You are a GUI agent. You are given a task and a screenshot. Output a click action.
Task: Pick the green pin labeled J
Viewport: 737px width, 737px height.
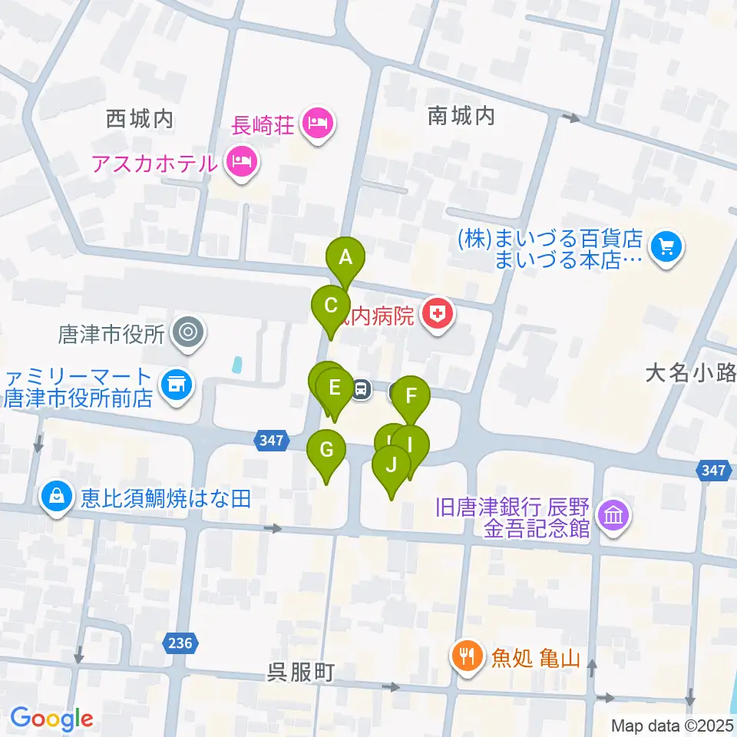coord(392,465)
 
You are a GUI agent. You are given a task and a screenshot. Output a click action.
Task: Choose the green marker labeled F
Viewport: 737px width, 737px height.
coord(411,397)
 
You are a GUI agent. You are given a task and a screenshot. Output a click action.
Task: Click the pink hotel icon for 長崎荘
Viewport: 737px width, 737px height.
coord(316,121)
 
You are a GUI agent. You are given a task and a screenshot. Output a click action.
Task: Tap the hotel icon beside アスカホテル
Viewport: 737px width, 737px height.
coord(242,161)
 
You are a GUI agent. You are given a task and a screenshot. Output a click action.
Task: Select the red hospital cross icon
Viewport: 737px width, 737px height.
coord(437,314)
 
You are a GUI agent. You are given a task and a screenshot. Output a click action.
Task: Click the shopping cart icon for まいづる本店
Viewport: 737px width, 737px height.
coord(665,248)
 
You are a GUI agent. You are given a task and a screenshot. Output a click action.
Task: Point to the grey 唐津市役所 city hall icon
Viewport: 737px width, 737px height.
coord(186,333)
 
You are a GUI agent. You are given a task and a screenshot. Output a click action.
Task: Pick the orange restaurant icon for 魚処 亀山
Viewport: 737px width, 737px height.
coord(466,656)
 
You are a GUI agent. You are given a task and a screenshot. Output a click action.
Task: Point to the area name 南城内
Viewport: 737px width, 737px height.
coord(461,116)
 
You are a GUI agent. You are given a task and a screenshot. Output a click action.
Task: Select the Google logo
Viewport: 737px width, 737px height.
coord(51,719)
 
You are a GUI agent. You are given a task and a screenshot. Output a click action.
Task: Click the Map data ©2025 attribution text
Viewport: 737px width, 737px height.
coord(672,725)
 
